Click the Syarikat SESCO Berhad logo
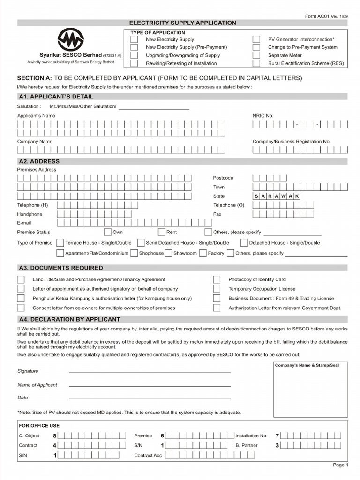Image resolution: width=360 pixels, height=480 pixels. [x=70, y=39]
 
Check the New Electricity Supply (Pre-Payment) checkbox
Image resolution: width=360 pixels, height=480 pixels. [x=134, y=47]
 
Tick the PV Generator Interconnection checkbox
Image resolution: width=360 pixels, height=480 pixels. [x=256, y=39]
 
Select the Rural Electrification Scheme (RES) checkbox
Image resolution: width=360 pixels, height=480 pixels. [x=256, y=63]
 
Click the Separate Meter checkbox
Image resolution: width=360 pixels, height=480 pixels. [x=256, y=55]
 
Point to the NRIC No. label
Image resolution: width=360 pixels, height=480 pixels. [x=263, y=115]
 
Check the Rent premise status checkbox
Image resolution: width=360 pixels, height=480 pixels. [x=161, y=232]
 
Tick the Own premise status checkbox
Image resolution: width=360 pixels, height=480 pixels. [x=107, y=232]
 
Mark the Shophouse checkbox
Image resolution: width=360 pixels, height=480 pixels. [x=134, y=253]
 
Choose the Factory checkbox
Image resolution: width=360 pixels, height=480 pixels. [x=203, y=253]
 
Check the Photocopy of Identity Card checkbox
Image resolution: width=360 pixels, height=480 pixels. [x=217, y=279]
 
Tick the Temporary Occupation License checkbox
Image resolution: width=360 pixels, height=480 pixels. [x=217, y=289]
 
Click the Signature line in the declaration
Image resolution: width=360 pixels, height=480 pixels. [x=150, y=371]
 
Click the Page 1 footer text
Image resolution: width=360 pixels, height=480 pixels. [x=340, y=465]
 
